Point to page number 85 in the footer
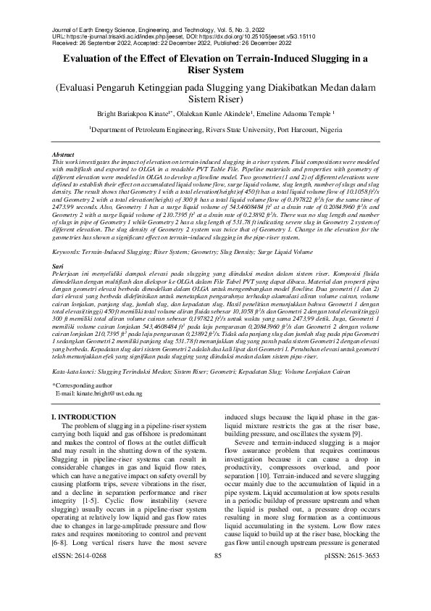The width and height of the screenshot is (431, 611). pos(217,596)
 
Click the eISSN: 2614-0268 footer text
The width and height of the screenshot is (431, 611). pos(80,596)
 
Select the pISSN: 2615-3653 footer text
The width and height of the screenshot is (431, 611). pos(353,596)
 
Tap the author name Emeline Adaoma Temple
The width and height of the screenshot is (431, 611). pos(302,114)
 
